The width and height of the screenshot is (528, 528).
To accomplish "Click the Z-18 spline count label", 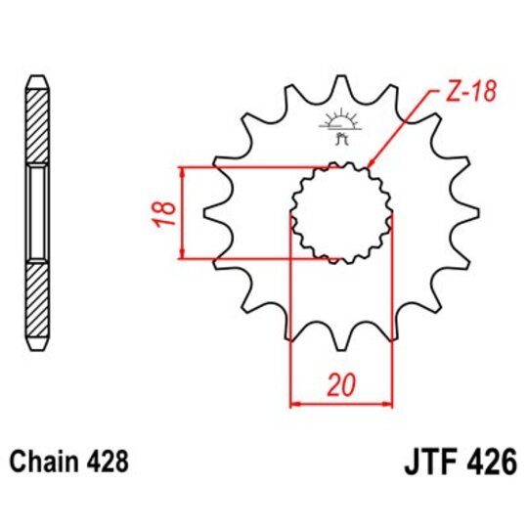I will [474, 93].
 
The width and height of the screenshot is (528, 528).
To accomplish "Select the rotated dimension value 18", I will [166, 211].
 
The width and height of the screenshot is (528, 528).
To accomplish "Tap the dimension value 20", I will [341, 384].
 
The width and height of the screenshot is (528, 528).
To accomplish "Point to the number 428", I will [108, 459].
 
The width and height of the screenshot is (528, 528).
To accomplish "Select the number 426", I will [491, 461].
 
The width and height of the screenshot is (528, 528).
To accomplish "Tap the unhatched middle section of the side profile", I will [36, 212].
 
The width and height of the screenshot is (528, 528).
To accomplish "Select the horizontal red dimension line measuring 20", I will [341, 401].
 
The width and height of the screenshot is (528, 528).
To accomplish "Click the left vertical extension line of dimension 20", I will [291, 323].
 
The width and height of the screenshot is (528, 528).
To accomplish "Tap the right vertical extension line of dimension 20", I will [392, 323].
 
